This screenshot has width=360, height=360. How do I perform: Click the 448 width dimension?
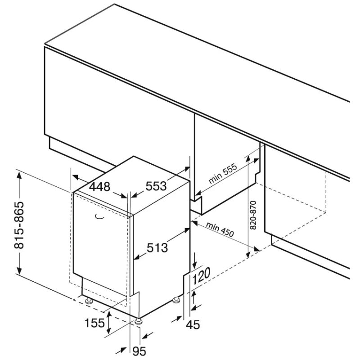pos(99,187)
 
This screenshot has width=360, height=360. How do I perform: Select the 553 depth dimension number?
pos(156,186)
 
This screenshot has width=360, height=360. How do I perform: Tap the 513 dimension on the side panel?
pos(157,248)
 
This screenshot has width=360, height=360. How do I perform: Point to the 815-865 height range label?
pos(19,225)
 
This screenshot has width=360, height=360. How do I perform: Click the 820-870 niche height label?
pos(253,215)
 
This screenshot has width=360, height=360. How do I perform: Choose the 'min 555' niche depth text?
pos(222,174)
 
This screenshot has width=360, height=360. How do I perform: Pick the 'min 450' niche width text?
pos(220,229)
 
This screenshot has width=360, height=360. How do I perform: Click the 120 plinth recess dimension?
pos(201,276)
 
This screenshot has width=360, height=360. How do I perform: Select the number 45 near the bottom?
pos(193,324)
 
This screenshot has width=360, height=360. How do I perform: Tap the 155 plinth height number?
pos(94,323)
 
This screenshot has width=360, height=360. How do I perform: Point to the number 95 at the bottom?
pos(139,351)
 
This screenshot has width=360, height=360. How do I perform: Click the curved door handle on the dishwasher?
pos(99,216)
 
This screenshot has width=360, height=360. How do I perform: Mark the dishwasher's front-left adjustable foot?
pos(89,301)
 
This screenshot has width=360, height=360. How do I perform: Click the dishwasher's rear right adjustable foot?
pos(176,300)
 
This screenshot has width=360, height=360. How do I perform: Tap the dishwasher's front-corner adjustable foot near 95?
pos(139,321)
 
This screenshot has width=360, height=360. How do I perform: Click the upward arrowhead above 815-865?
pos(19,175)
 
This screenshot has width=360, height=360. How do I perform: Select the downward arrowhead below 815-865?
pos(19,270)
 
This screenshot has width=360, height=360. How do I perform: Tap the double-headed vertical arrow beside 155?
pos(108,322)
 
